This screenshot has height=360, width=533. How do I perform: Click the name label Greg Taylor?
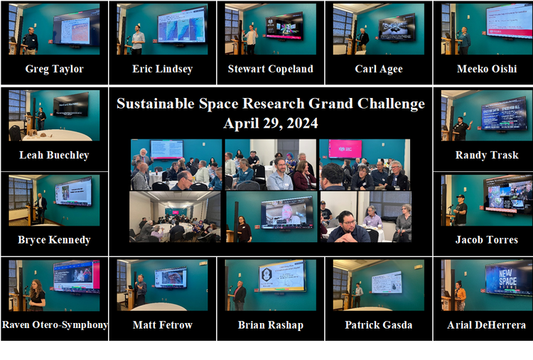pos(54,69)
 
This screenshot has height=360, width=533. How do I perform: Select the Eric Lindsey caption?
pos(162,69)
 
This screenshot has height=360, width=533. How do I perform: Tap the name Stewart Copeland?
pos(270,69)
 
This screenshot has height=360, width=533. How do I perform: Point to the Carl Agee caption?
pos(378,69)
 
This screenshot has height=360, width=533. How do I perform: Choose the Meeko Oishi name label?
pos(486,69)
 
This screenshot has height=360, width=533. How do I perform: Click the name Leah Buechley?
pos(54,155)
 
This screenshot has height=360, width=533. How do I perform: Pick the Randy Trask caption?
pos(486,155)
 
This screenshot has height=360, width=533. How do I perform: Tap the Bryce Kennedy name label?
pos(54,240)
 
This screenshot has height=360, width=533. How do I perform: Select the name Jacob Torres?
pos(486,240)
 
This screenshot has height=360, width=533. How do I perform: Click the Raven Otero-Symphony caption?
pos(55,325)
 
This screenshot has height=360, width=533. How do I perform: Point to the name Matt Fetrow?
pos(162,325)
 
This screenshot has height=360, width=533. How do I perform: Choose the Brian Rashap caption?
pos(270,325)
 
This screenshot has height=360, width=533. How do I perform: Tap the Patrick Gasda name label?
pos(378,325)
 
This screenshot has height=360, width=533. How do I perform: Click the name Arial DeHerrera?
pos(486,325)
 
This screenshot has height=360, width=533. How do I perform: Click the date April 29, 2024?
pos(270,123)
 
